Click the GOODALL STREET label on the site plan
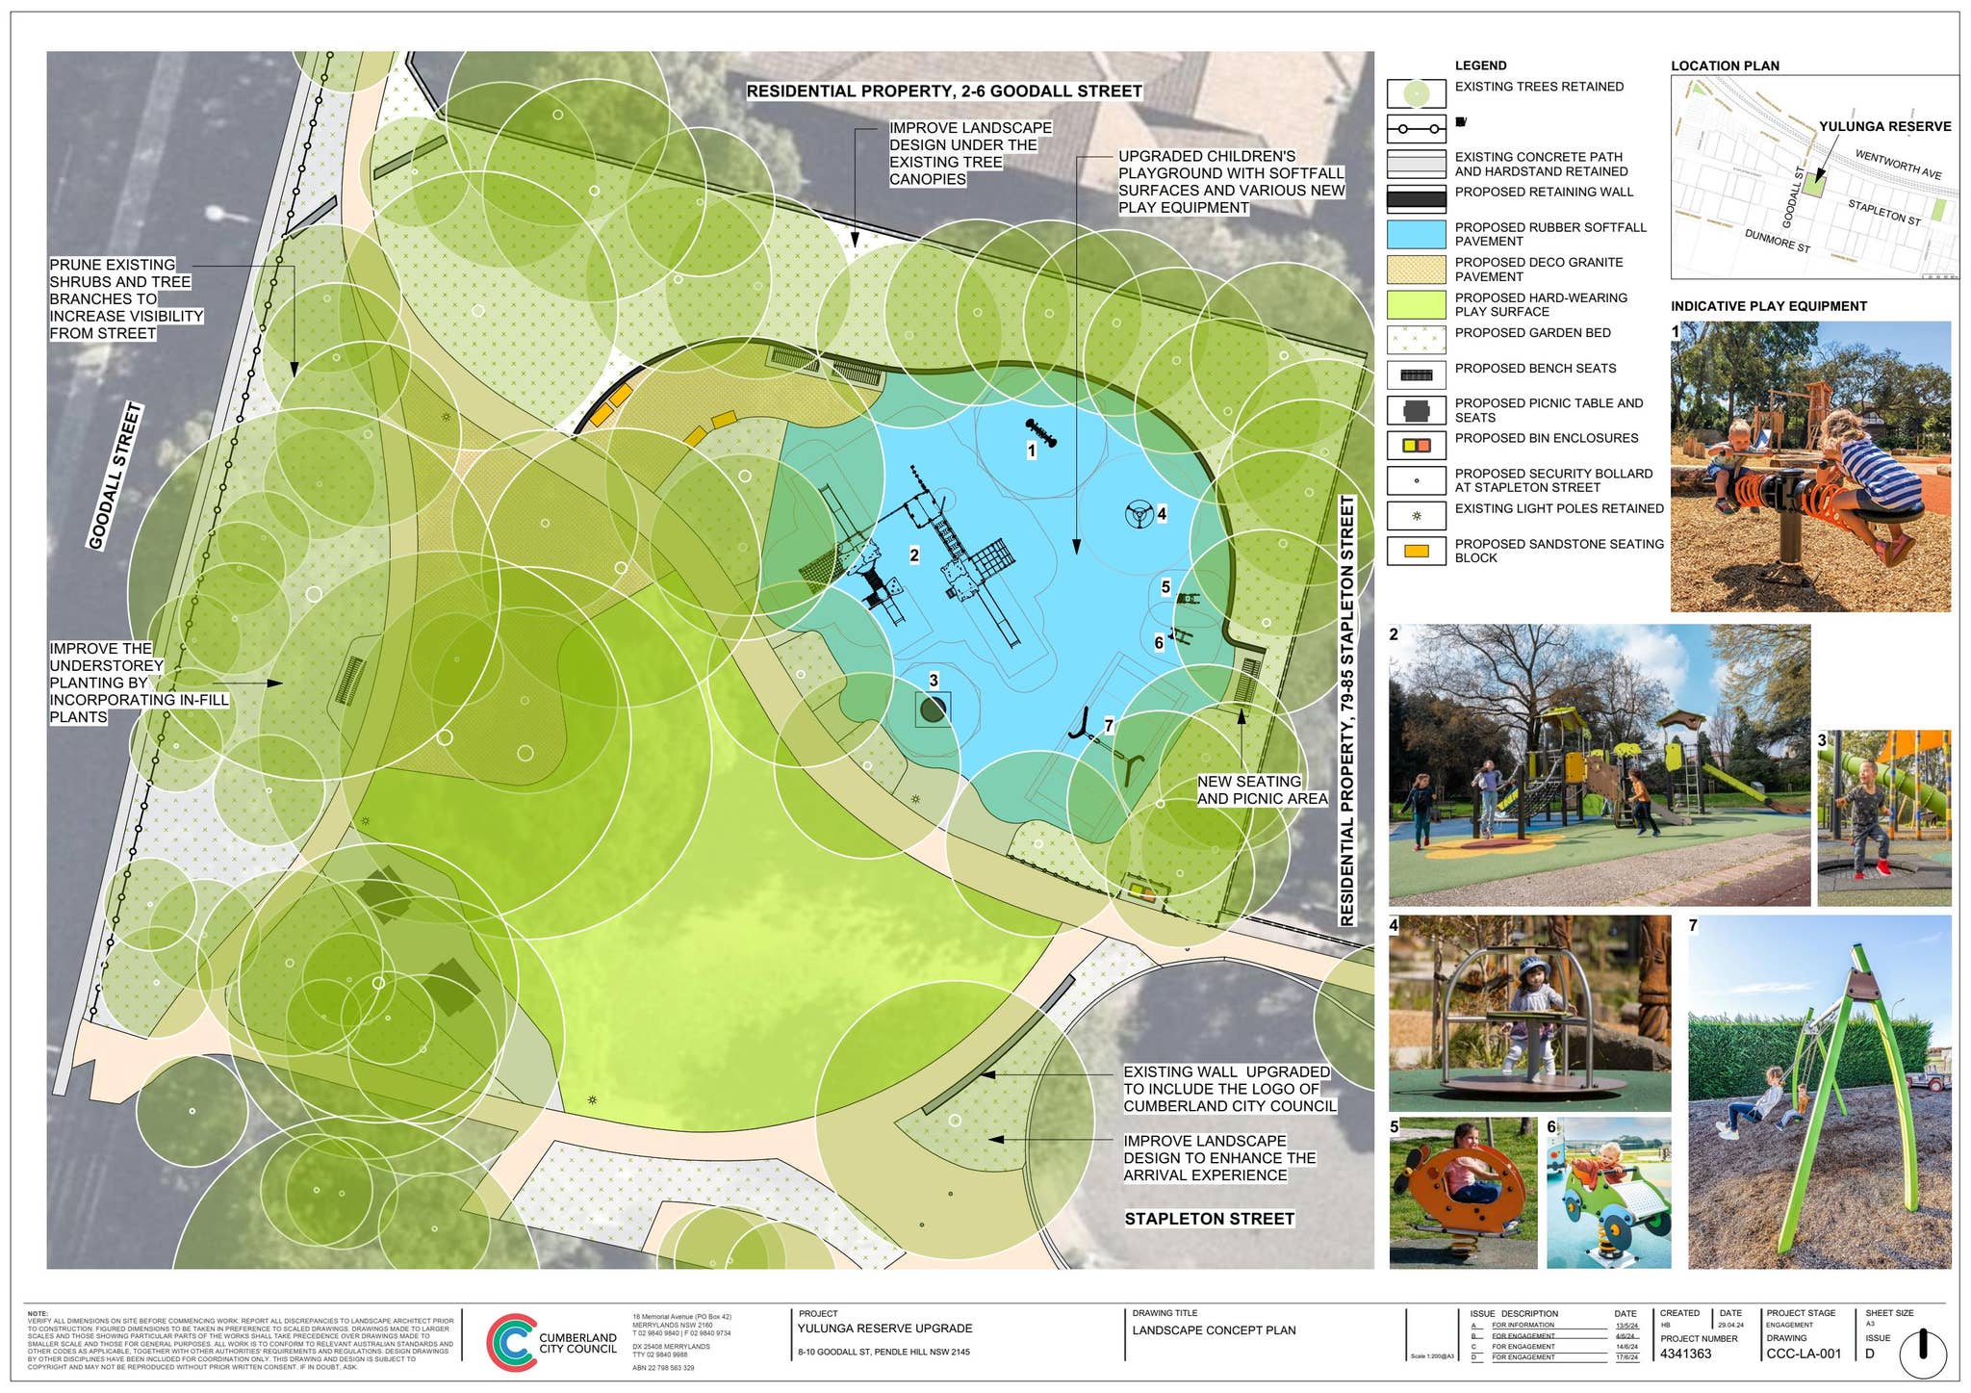[x=115, y=477]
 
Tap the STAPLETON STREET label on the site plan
[x=1209, y=1219]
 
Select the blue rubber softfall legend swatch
[x=1416, y=234]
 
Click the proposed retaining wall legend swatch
[x=1416, y=199]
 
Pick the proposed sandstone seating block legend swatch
[x=1416, y=551]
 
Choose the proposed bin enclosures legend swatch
[x=1416, y=445]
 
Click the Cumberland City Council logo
[x=511, y=1341]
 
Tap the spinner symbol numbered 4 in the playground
[x=1139, y=514]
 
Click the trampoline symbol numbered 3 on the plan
[x=933, y=709]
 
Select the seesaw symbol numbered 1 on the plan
[x=1041, y=433]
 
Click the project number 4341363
[x=1686, y=1354]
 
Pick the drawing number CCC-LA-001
[x=1804, y=1354]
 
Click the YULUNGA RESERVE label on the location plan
[x=1884, y=126]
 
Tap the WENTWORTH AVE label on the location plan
[x=1898, y=165]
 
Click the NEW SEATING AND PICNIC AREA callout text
[x=1262, y=790]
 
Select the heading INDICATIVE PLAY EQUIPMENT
[x=1768, y=306]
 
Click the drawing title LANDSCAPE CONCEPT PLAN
[x=1214, y=1330]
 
